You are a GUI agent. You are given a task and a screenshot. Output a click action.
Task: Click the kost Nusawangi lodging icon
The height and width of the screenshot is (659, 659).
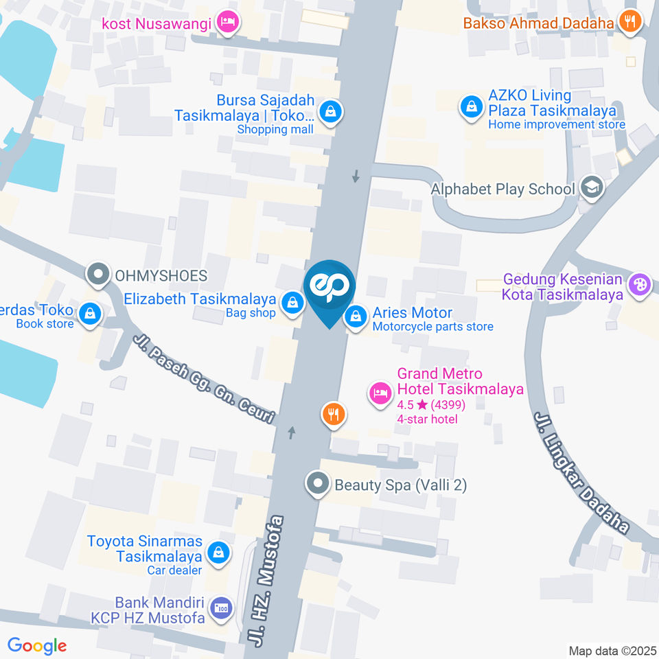[227, 23]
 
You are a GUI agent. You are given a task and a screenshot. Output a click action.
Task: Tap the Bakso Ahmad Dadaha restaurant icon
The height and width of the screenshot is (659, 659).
[629, 23]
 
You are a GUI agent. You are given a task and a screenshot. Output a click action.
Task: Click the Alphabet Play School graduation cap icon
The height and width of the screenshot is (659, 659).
[590, 187]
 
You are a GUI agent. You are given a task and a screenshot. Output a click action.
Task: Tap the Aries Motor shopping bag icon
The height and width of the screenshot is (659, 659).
[356, 316]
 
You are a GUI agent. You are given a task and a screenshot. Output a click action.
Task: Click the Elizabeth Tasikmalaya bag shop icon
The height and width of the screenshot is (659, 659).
[293, 301]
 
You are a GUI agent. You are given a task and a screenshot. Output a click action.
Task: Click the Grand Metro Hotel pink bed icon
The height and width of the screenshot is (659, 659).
[380, 393]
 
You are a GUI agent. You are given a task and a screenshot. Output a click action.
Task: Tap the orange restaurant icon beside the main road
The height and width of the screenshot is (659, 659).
[334, 413]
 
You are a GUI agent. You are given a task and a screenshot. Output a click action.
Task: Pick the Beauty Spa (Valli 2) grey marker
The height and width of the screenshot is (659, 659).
[317, 484]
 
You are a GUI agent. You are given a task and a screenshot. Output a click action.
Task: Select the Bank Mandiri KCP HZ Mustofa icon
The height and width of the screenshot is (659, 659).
[221, 608]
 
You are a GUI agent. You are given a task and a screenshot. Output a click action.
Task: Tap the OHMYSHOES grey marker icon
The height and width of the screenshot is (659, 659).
[98, 275]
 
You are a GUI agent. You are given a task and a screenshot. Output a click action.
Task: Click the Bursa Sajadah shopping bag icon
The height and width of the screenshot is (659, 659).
[331, 111]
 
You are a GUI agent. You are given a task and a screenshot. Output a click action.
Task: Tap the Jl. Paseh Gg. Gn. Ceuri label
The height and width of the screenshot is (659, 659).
[204, 378]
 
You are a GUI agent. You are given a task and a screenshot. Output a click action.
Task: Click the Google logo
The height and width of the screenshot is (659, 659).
[37, 645]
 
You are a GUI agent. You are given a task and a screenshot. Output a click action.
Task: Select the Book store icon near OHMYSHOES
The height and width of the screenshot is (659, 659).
[89, 314]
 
